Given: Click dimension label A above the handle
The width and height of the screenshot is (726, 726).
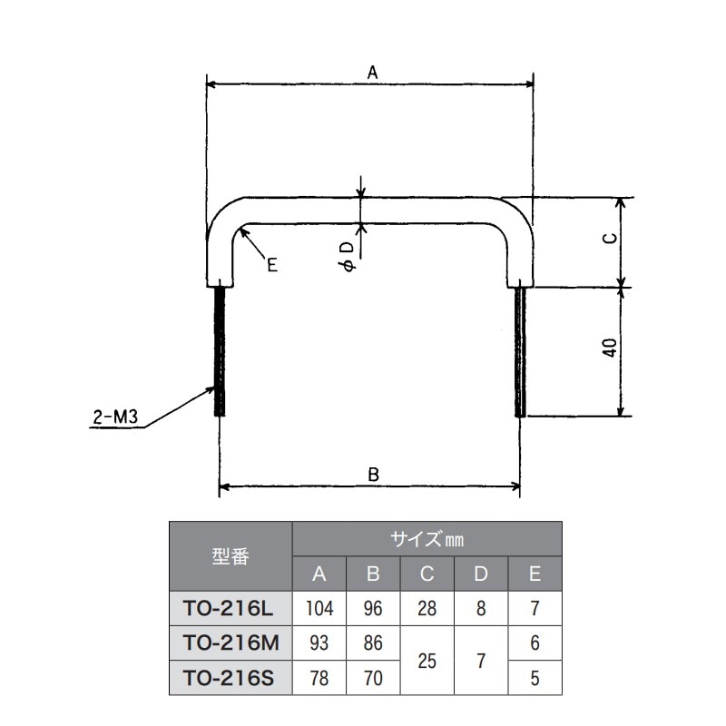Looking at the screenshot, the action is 372,73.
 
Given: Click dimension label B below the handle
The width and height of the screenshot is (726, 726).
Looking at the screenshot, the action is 373,475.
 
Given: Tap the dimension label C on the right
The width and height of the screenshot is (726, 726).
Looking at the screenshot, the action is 611,238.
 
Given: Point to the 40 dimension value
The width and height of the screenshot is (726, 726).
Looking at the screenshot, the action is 611,348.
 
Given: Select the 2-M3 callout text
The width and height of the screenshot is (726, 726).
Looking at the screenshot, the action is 115,417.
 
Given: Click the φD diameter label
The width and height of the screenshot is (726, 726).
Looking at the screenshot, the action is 348,256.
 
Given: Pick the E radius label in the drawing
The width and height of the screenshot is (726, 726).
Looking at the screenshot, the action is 271,265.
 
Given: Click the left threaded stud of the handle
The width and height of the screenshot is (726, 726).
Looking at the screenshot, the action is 220,352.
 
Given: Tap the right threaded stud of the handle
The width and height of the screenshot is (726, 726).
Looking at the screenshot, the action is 520,352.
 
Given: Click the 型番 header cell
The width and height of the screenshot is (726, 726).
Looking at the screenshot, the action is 231,556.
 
